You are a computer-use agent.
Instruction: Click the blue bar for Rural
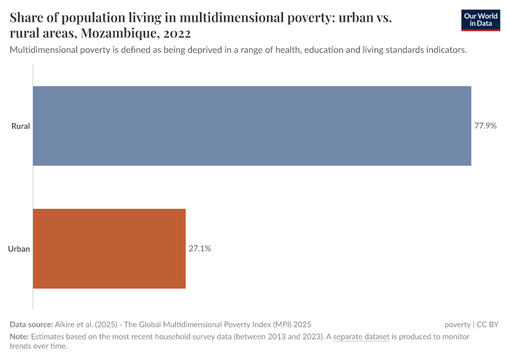tap(251, 126)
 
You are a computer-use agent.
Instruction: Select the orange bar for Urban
tap(109, 248)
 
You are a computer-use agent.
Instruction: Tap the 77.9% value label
tap(485, 126)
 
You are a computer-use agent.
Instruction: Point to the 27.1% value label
tap(200, 248)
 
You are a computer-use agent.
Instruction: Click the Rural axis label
tap(21, 126)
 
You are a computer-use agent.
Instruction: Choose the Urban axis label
tap(20, 248)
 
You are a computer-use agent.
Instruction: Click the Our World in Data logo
tap(480, 20)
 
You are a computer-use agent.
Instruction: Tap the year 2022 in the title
tap(176, 34)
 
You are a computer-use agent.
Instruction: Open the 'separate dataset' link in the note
tap(361, 337)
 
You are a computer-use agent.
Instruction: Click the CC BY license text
tap(488, 324)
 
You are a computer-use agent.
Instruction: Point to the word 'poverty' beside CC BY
tap(457, 324)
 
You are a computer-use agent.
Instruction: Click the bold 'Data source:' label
tap(31, 324)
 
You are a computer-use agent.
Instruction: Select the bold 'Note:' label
tap(19, 337)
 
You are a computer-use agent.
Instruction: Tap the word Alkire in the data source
tap(66, 324)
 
